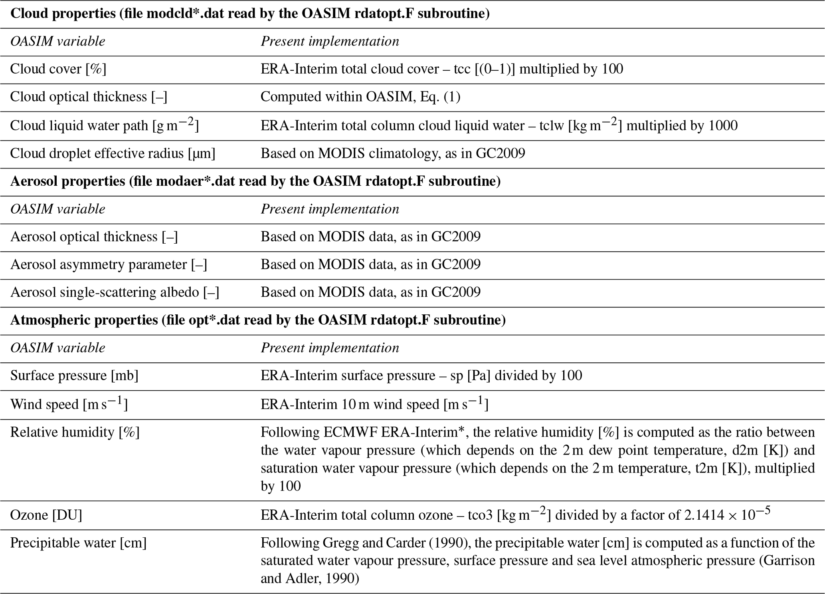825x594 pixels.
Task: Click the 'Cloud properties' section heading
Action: point(249,14)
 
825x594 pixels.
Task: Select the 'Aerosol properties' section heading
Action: point(255,181)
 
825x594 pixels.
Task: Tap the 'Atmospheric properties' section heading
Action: point(258,320)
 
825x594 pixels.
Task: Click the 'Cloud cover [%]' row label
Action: point(58,69)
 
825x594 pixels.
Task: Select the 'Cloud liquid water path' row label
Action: point(104,125)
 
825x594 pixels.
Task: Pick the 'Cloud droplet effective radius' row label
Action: point(113,153)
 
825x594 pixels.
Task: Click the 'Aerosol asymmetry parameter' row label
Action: point(109,264)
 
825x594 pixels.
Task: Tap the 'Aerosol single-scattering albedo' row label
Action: point(115,292)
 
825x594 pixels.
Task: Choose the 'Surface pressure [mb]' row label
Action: point(74,375)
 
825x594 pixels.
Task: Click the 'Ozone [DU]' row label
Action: point(46,515)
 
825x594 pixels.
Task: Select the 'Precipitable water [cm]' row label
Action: point(78,543)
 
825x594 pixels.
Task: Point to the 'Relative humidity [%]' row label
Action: point(75,432)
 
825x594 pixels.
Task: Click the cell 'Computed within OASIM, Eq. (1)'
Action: point(360,97)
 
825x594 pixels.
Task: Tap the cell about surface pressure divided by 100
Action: point(421,375)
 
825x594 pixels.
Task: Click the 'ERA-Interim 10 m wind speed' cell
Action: point(374,404)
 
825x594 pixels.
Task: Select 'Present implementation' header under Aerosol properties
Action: point(330,209)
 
